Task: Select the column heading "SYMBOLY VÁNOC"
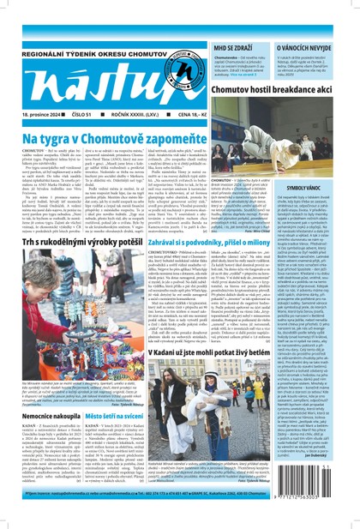pos(327,210)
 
